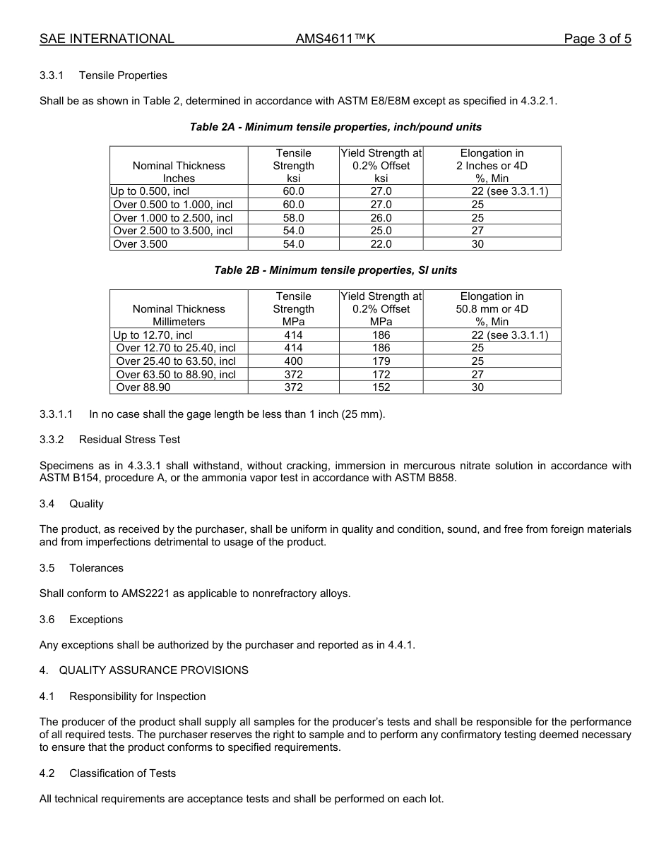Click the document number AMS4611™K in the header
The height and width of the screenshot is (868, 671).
point(335,39)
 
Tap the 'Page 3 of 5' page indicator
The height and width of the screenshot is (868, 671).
point(597,39)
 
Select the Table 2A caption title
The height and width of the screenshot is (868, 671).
point(335,127)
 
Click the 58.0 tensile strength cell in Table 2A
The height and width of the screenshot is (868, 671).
point(293,218)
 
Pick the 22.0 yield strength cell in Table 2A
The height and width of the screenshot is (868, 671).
point(381,244)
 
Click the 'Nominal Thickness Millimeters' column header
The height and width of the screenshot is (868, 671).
point(179,315)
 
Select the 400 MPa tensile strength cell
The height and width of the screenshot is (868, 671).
point(293,361)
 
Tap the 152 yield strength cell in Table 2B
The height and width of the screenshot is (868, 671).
point(381,387)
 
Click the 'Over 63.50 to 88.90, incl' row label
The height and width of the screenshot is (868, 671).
point(175,375)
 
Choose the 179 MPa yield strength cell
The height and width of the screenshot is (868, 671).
point(381,361)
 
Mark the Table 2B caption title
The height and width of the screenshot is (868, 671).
point(335,270)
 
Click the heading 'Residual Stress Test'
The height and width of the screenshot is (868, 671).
point(129,440)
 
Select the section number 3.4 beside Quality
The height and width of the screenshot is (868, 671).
point(47,504)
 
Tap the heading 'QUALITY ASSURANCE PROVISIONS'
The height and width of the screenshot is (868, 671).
point(153,670)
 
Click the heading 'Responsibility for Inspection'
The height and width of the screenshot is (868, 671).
point(137,697)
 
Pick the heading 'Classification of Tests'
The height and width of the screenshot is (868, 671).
point(122,773)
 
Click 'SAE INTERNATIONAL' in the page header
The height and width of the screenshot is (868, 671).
point(107,39)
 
